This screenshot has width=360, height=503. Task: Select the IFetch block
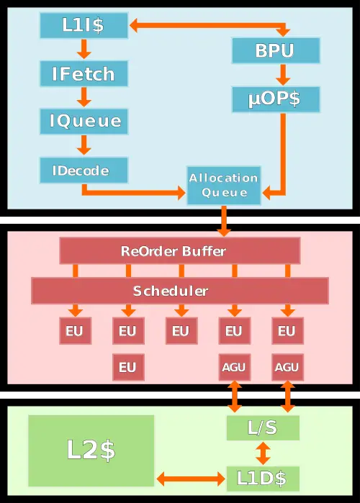point(84,73)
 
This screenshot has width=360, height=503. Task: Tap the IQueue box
point(84,120)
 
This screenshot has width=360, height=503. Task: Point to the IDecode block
point(84,171)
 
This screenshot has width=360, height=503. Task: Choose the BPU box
point(276,51)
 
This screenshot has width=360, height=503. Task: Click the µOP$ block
point(276,99)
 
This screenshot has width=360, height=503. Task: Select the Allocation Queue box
point(224,185)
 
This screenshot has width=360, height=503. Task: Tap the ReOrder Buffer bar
point(180,251)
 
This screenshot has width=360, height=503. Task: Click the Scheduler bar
point(180,291)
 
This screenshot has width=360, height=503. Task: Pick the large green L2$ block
point(91,450)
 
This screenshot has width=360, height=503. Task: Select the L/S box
point(263,428)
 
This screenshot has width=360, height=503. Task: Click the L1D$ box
point(263,478)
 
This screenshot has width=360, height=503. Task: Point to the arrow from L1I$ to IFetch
point(84,50)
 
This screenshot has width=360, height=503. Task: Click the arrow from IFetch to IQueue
point(84,96)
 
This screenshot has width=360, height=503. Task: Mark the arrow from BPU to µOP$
point(282,74)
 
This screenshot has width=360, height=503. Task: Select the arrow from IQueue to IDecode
point(84,145)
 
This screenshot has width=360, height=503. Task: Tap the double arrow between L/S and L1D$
point(263,453)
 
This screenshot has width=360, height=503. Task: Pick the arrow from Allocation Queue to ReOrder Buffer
point(224,220)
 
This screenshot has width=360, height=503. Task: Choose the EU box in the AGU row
point(127,367)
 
